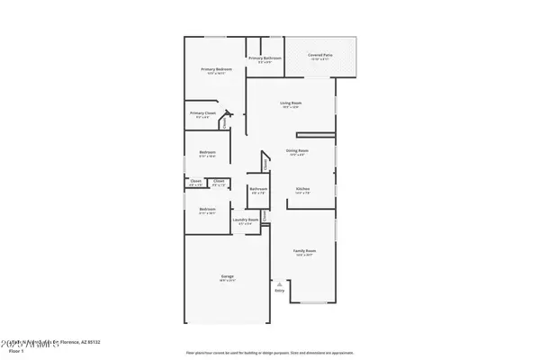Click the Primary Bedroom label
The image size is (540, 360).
click(x=217, y=69)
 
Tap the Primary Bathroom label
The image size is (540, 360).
click(x=265, y=58)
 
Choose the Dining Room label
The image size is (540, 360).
click(x=297, y=150)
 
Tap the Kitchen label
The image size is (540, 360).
click(x=302, y=189)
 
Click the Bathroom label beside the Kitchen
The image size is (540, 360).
click(x=258, y=190)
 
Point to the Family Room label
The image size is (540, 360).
click(x=305, y=251)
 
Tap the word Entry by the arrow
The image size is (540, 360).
click(x=279, y=291)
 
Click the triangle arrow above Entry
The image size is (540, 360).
click(x=279, y=283)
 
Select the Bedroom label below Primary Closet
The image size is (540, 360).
click(x=207, y=153)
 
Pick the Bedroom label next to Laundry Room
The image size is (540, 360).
click(x=207, y=210)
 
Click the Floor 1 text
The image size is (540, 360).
click(x=11, y=351)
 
